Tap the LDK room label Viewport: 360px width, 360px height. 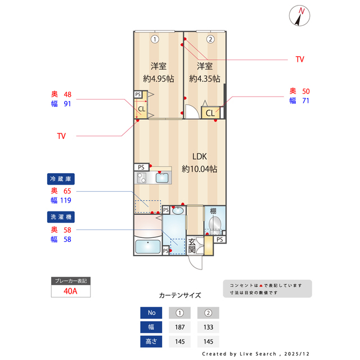200,156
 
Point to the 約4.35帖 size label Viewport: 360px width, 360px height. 204,79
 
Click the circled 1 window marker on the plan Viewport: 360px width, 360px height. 155,39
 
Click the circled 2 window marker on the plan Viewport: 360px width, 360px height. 210,39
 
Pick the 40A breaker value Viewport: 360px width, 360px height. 70,291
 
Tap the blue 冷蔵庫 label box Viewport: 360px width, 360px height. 61,179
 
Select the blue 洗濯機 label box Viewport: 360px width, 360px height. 61,217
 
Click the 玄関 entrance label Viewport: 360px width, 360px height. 192,246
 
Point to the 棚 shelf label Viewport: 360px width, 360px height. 214,211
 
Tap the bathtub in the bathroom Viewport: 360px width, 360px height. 148,246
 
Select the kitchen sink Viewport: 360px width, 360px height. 162,178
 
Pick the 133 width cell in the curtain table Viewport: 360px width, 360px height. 208,327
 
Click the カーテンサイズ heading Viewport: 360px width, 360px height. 180,295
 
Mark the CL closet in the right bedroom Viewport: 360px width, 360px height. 210,113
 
